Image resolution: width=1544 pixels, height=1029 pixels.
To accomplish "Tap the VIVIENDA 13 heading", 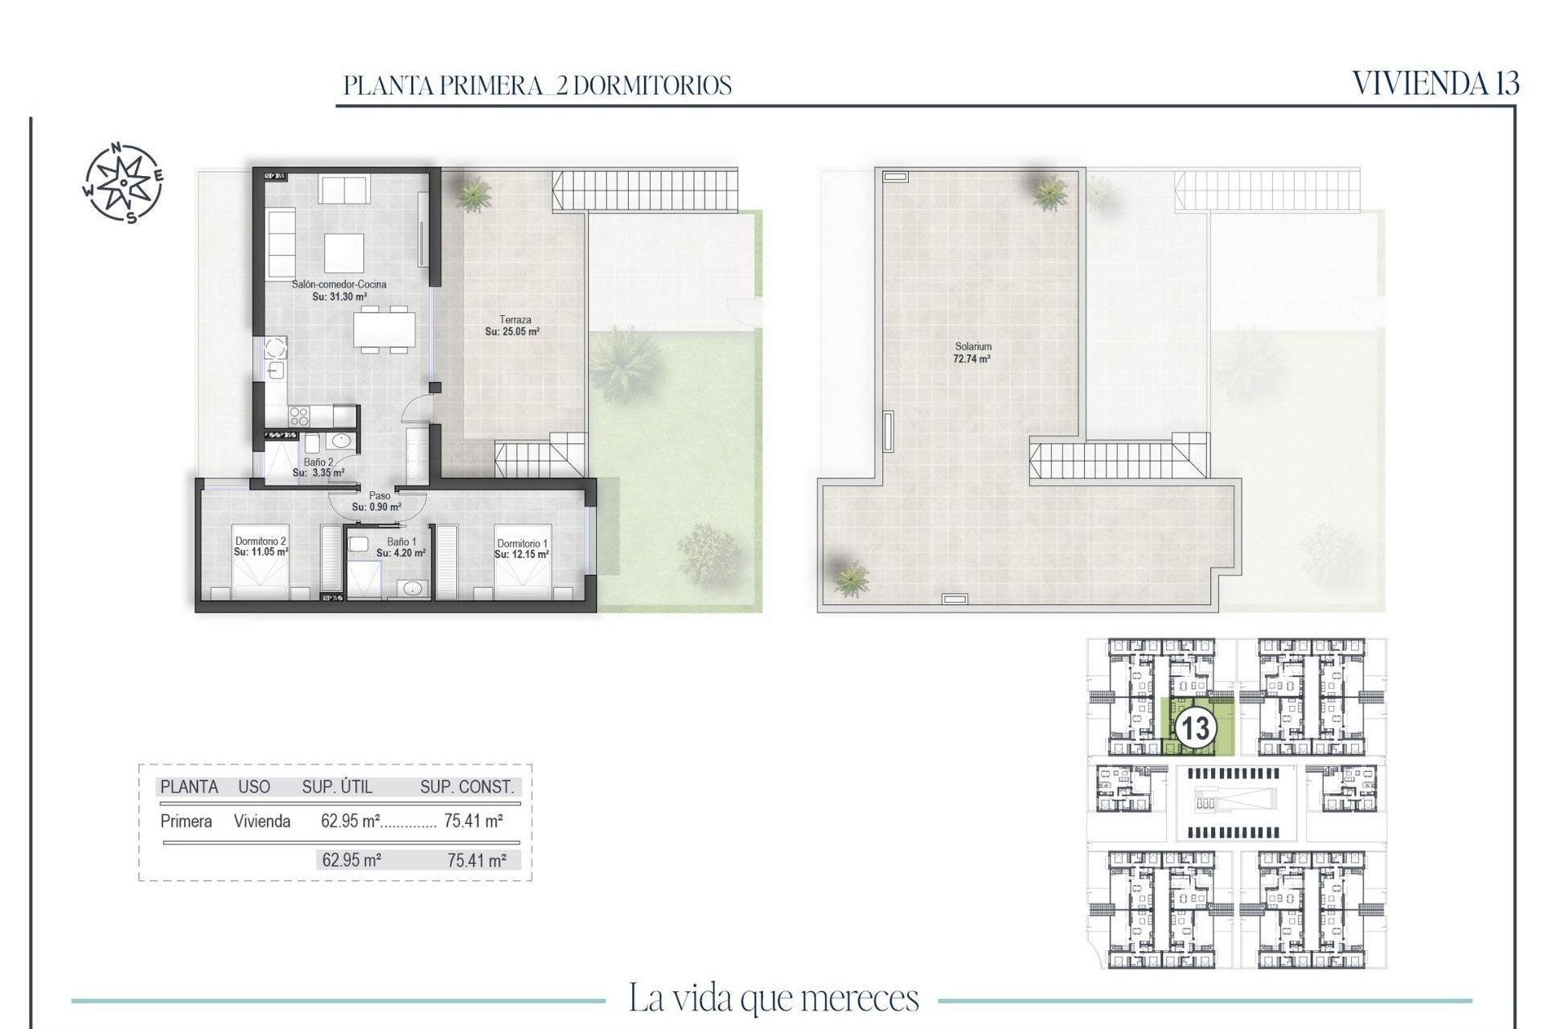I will (1435, 84).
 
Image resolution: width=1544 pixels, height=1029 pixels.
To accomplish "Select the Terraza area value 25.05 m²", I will (512, 331).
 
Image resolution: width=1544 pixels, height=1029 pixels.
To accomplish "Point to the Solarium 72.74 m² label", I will (972, 353).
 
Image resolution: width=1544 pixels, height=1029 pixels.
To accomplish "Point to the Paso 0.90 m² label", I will (376, 502).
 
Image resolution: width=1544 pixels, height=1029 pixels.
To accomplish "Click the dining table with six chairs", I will (384, 328).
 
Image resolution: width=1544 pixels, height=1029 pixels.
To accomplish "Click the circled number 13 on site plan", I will (1194, 728).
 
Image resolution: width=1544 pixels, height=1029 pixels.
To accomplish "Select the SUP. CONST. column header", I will (466, 787).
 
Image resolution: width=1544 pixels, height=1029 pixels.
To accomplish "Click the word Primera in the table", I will (187, 822).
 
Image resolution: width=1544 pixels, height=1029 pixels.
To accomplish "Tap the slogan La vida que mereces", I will (773, 998).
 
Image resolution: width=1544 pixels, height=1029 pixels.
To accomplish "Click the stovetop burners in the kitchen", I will (298, 416).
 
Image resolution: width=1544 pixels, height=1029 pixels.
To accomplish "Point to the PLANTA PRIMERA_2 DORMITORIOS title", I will (537, 85).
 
